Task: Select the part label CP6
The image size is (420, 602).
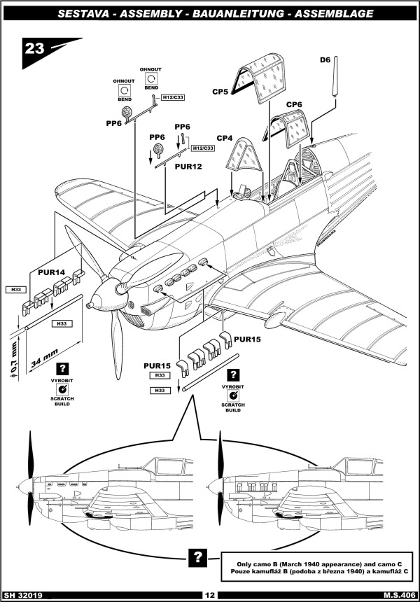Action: click(294, 104)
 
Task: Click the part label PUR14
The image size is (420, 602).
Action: click(43, 271)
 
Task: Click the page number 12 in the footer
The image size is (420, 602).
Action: click(209, 595)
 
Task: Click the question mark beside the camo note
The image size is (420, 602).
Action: click(199, 557)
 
